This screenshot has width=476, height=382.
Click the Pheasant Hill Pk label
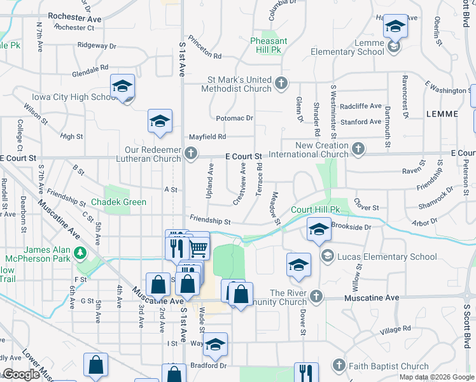[269, 45]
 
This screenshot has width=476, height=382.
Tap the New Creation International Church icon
[358, 149]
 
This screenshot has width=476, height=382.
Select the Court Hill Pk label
[316, 209]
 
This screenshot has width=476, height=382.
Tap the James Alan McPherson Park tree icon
[80, 253]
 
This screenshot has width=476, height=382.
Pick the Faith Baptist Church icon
[339, 365]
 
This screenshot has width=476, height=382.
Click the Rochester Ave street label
[74, 18]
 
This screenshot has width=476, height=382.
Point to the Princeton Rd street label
[204, 56]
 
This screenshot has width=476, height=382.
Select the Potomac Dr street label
[234, 118]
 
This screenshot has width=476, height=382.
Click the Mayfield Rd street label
[207, 136]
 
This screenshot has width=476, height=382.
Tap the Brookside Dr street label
[351, 227]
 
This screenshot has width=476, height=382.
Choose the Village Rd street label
[395, 330]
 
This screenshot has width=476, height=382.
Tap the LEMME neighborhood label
[444, 114]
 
